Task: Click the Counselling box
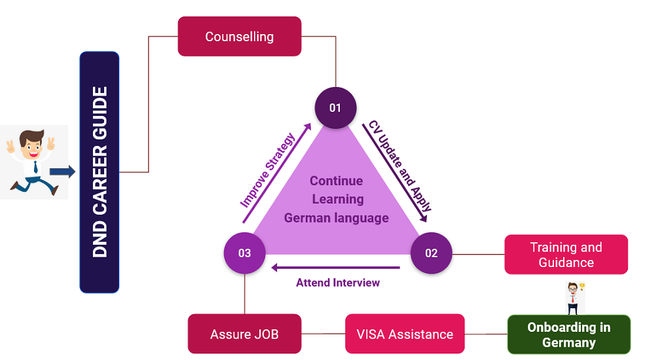(239, 37)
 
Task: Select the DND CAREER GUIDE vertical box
(100, 171)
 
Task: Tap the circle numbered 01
(335, 107)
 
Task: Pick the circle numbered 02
(431, 253)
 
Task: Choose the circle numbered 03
(244, 253)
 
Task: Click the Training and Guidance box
(566, 255)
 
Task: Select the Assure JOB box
(244, 334)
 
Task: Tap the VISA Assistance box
(405, 334)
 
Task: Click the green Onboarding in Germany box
(568, 334)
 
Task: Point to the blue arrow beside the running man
(62, 171)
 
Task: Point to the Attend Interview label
(338, 283)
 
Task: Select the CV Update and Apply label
(400, 166)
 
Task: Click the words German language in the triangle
(337, 218)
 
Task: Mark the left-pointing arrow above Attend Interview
(336, 267)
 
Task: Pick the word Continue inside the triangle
(337, 181)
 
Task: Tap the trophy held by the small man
(582, 287)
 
